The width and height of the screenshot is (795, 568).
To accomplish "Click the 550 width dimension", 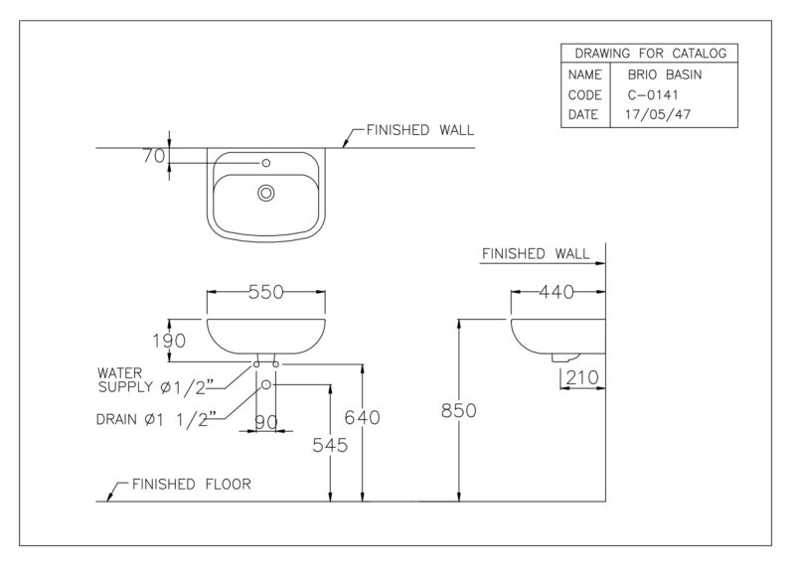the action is click(x=266, y=292).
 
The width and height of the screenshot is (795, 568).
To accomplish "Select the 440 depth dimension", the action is click(x=556, y=292).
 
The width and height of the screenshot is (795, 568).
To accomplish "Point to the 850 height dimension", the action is click(x=458, y=410).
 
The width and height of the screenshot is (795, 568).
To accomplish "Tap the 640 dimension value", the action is click(x=362, y=417).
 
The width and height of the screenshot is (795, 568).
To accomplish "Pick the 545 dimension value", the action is click(x=330, y=445).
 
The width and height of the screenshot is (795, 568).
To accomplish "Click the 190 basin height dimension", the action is click(x=169, y=341).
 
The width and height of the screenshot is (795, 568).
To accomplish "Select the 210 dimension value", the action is click(x=582, y=377).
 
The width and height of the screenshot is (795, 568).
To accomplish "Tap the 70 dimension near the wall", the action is click(x=154, y=156).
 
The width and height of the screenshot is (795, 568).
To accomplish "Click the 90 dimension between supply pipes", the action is click(x=266, y=422).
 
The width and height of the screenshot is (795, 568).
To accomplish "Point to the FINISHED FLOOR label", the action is click(x=191, y=485).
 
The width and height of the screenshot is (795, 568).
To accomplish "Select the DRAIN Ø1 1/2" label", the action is click(x=156, y=419).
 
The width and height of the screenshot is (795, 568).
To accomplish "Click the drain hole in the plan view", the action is click(x=265, y=193).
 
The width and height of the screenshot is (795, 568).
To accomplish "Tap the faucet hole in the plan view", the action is click(x=265, y=163).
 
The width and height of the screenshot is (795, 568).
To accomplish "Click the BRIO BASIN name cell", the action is click(x=665, y=75).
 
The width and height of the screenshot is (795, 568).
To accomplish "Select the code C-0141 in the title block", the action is click(x=653, y=95).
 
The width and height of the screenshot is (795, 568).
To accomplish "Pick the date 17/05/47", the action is click(x=658, y=114).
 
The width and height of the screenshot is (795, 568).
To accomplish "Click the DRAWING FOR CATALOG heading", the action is click(x=651, y=54).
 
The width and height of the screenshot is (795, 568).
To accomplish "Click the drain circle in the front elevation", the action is click(x=265, y=385).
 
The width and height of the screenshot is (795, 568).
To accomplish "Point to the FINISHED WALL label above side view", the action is click(x=536, y=253).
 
